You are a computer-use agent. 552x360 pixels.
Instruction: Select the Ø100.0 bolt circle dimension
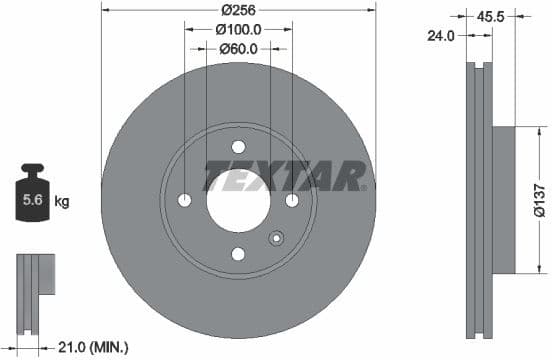click(237, 29)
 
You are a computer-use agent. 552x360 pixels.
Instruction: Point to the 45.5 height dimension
click(517, 17)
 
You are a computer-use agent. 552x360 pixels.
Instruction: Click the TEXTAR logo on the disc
click(285, 177)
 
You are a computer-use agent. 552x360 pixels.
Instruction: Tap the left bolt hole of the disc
click(184, 201)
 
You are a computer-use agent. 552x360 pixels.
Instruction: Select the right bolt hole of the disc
click(291, 201)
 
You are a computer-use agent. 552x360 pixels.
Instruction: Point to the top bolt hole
click(237, 148)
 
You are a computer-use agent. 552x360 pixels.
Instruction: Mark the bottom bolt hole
click(237, 254)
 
